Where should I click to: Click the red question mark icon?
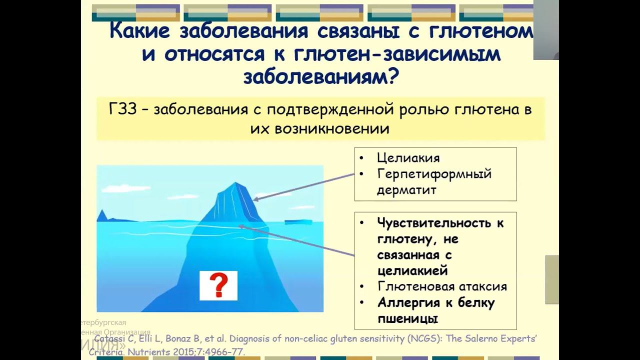coord(218,285)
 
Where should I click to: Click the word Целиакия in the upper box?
coord(408,158)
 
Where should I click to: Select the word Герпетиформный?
coord(434,174)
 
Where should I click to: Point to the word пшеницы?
coord(407,318)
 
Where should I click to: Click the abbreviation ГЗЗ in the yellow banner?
coord(122,109)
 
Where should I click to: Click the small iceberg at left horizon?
coord(102,215)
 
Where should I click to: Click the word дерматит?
coord(406,190)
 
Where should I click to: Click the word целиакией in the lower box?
coord(412,270)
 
